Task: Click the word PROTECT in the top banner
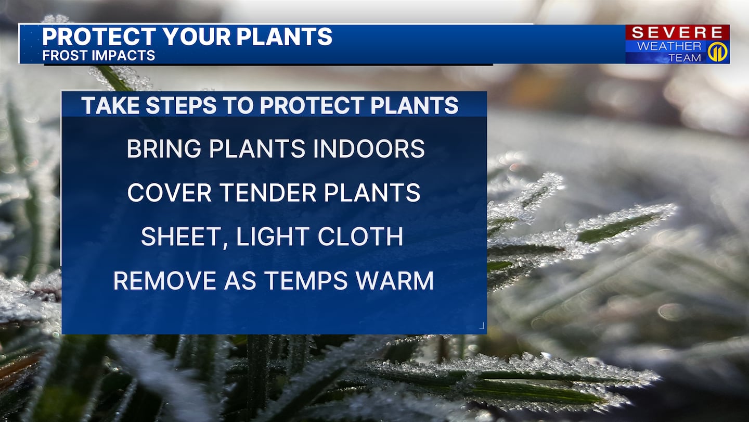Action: click(99, 36)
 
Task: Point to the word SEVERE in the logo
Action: click(677, 33)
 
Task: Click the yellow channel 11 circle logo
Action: click(717, 52)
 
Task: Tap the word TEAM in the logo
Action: click(685, 58)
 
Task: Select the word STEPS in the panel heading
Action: click(181, 105)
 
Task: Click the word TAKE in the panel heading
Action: click(110, 105)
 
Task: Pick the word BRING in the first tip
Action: click(164, 148)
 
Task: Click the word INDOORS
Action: click(369, 148)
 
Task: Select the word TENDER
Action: click(268, 193)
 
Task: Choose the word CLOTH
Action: click(360, 237)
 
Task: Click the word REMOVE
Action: click(164, 281)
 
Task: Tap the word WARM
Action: click(395, 281)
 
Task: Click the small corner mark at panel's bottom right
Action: click(482, 326)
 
